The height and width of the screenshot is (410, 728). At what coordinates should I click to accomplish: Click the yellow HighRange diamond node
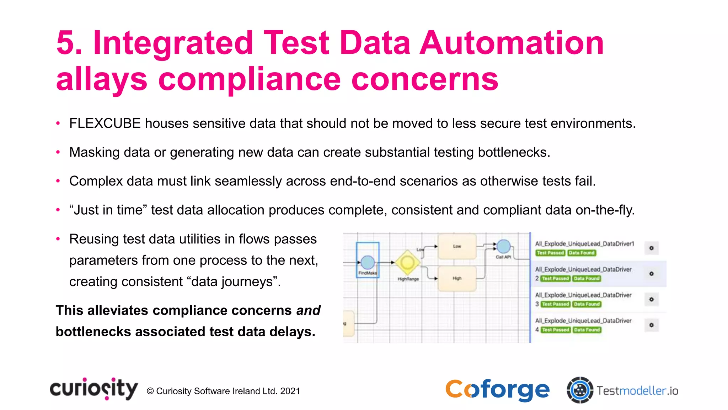tap(407, 263)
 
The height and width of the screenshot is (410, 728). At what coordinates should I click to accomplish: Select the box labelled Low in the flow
tap(457, 246)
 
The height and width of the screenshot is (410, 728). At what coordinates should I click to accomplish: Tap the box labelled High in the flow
tap(457, 278)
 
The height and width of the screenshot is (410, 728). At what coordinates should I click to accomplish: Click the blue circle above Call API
tap(503, 246)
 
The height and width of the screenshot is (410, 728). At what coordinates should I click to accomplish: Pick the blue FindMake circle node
tap(368, 262)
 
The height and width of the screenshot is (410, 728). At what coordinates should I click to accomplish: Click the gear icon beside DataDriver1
tap(651, 248)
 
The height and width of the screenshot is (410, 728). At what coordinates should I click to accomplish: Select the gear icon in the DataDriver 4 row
tap(651, 325)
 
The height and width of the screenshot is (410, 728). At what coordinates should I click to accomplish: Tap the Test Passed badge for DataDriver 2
tap(556, 279)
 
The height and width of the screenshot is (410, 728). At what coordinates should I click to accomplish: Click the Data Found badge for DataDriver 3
tap(587, 304)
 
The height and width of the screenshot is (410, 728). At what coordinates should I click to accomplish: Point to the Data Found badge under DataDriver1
tap(582, 253)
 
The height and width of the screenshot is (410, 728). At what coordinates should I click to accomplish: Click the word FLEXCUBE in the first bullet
tap(105, 123)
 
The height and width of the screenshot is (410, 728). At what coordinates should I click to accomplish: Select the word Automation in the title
tap(512, 43)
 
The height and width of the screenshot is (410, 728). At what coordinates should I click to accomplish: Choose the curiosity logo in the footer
tap(94, 389)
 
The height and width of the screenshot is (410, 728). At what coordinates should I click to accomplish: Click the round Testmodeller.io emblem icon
tap(580, 390)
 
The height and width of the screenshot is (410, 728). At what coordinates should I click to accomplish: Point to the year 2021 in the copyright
tap(290, 391)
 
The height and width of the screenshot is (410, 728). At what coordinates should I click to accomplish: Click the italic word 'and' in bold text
tap(308, 311)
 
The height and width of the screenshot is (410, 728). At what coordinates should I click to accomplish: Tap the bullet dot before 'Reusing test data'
tap(58, 239)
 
